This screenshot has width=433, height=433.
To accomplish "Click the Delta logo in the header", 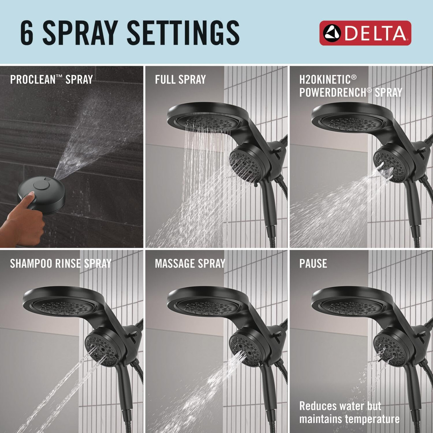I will point(365,33).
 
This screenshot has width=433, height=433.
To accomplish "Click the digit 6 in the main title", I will point(27,33).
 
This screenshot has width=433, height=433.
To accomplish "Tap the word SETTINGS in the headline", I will point(183,33).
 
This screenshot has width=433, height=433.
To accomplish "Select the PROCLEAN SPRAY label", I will point(51,80).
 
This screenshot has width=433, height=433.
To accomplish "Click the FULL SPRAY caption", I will point(180,80).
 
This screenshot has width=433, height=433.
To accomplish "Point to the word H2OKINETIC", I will point(325,79).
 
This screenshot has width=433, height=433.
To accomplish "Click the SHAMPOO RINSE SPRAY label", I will point(61,264).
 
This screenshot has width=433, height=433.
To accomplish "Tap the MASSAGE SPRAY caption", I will point(190,264).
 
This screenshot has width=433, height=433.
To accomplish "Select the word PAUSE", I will point(313,264).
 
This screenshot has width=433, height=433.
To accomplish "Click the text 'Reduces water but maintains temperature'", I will point(349,412).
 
